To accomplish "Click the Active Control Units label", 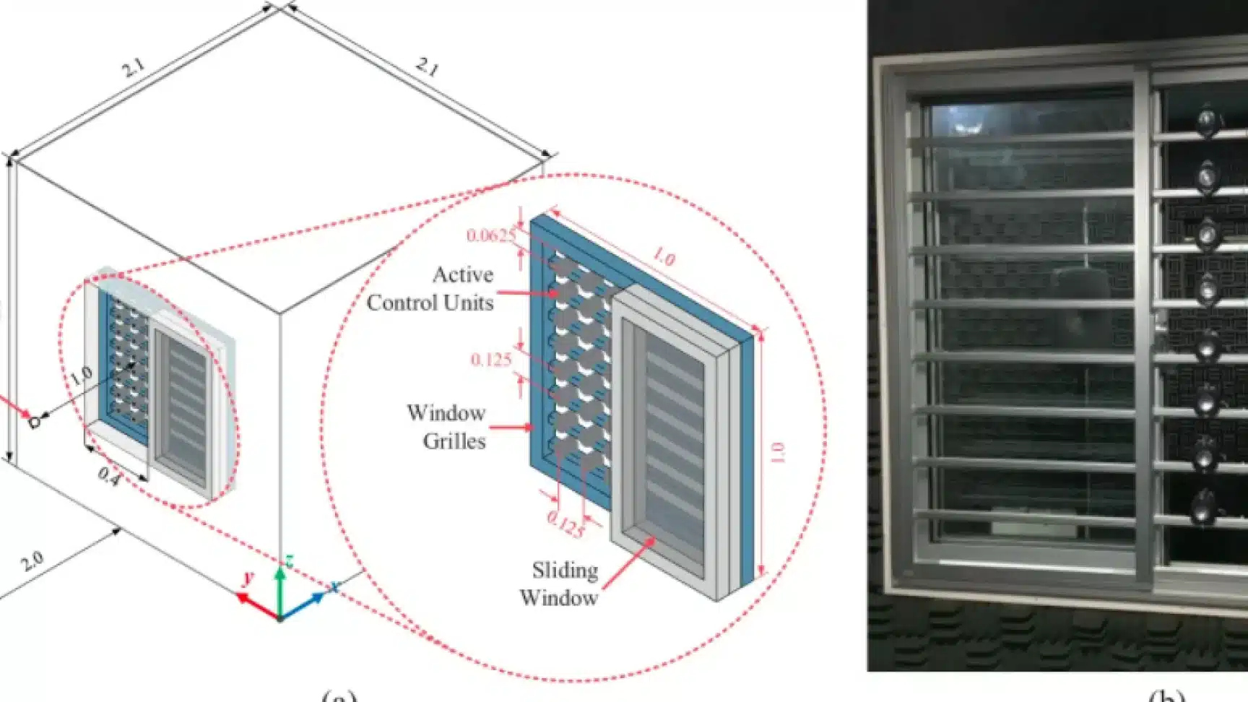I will [430, 288].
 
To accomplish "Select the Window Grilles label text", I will [446, 427].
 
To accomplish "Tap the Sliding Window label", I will [560, 584].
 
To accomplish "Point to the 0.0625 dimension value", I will [491, 235].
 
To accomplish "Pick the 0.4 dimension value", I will [108, 476].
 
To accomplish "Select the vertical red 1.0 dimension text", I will [778, 453].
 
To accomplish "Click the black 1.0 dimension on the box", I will [81, 375].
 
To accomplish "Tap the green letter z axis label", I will [288, 561].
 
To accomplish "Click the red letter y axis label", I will [248, 577].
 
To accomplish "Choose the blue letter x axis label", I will [334, 586].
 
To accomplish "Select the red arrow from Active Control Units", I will [527, 293].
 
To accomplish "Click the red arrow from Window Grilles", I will [512, 427].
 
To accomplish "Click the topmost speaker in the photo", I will [1206, 119].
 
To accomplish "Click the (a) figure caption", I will [339, 696].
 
